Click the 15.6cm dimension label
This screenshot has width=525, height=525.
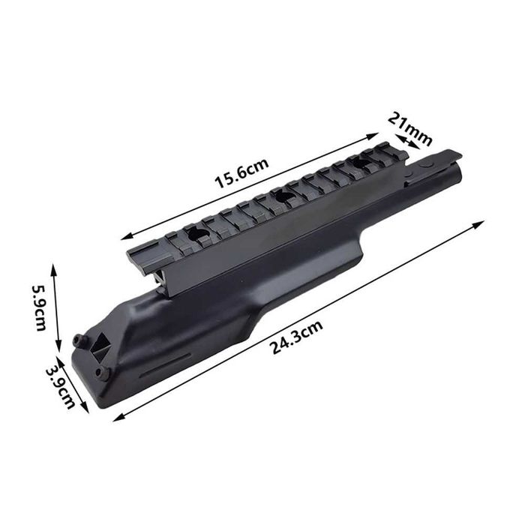pos(241,173)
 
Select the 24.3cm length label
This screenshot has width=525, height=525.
pos(297,337)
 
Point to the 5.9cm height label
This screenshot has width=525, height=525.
pos(39,308)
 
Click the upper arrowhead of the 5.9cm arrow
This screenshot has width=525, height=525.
pos(53,268)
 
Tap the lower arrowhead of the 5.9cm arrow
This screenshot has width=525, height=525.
pos(58,346)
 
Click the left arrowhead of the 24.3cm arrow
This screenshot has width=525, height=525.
pos(119,417)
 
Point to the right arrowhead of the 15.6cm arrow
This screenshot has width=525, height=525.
pos(373,136)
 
